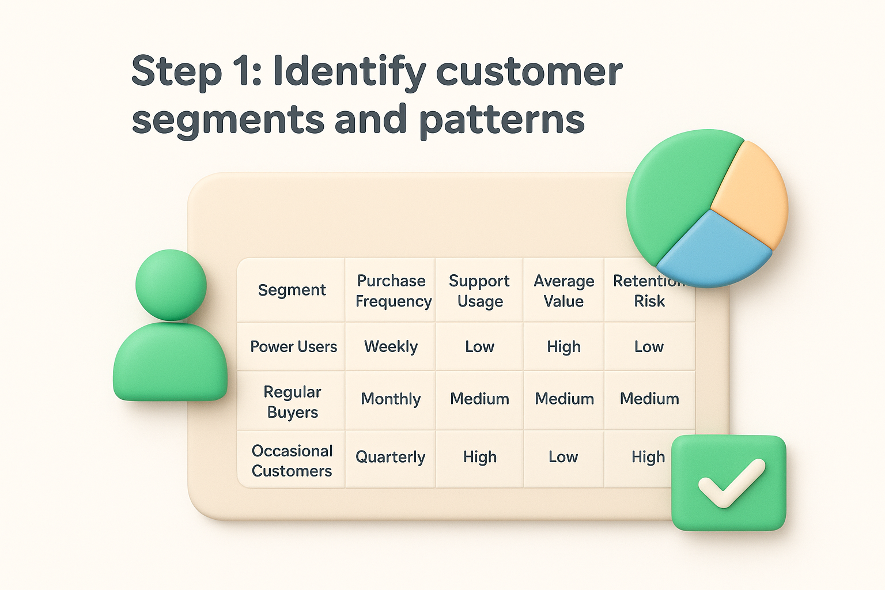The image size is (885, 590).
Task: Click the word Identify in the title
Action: click(x=349, y=71)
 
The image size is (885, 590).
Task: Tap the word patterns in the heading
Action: click(x=501, y=119)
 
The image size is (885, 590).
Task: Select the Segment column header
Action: click(x=292, y=290)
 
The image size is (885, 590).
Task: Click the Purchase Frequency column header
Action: click(x=392, y=291)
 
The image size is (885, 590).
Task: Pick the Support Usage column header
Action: click(x=479, y=291)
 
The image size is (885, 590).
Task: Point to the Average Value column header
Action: click(x=563, y=291)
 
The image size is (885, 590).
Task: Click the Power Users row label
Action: click(x=293, y=347)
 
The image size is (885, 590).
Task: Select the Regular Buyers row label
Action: click(x=292, y=402)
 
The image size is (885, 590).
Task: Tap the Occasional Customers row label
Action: click(x=292, y=460)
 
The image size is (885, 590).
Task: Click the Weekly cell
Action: click(x=391, y=347)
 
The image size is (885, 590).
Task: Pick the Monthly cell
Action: click(x=391, y=399)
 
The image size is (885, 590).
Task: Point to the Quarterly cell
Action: click(x=390, y=457)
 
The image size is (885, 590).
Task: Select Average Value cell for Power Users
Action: click(x=563, y=347)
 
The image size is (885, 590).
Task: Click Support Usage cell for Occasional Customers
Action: click(x=479, y=457)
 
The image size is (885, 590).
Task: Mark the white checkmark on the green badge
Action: click(x=731, y=483)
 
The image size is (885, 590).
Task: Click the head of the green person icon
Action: click(x=171, y=285)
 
